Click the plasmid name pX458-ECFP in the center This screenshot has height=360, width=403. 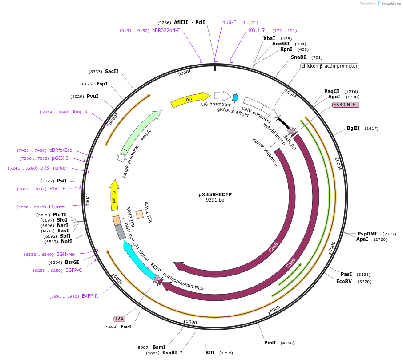[x=215, y=194]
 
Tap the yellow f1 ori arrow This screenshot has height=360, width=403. [x=114, y=195]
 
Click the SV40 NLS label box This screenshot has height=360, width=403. [x=346, y=105]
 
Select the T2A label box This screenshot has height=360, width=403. [x=119, y=319]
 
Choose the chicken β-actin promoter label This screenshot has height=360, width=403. [x=329, y=66]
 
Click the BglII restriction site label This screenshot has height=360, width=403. [x=353, y=129]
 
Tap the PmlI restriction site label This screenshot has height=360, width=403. [x=270, y=343]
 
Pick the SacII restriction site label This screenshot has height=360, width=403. [x=112, y=71]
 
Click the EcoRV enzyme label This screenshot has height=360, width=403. [x=344, y=281]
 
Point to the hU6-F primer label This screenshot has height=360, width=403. [x=229, y=22]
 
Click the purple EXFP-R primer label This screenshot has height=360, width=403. [x=90, y=296]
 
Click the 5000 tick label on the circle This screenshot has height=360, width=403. [x=191, y=322]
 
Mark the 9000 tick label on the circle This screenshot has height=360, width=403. [x=183, y=73]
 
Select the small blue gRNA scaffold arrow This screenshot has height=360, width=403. [x=235, y=97]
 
